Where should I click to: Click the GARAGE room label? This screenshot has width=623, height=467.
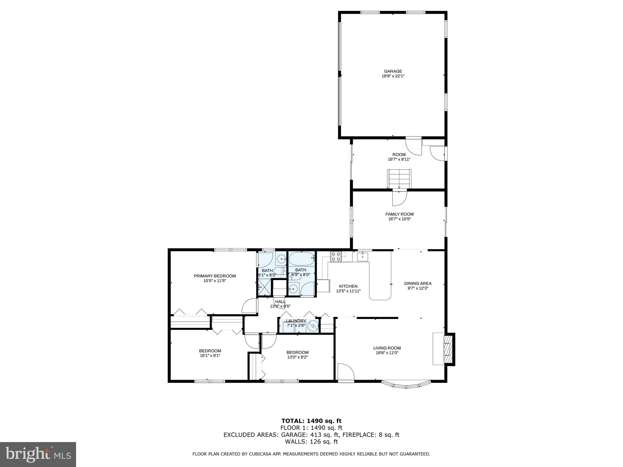pyautogui.click(x=393, y=71)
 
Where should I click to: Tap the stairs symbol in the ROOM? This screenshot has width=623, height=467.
pyautogui.click(x=399, y=179)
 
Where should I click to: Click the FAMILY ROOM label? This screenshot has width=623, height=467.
pyautogui.click(x=399, y=214)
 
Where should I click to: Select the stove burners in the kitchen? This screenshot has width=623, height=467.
pyautogui.click(x=336, y=257)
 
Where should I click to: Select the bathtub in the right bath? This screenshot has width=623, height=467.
pyautogui.click(x=301, y=259)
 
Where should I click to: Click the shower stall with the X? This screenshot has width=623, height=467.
pyautogui.click(x=264, y=287)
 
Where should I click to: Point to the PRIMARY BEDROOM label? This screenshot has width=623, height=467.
pyautogui.click(x=215, y=276)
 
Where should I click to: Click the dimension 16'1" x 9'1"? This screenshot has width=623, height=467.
pyautogui.click(x=210, y=355)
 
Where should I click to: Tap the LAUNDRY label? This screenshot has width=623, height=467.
pyautogui.click(x=296, y=321)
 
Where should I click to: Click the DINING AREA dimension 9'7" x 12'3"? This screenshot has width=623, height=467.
pyautogui.click(x=418, y=288)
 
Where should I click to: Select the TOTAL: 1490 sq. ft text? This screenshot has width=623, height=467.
pyautogui.click(x=311, y=421)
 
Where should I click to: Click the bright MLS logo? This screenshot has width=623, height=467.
pyautogui.click(x=38, y=454)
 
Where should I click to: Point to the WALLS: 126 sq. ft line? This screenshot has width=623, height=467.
pyautogui.click(x=311, y=441)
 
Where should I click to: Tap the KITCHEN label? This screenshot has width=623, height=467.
pyautogui.click(x=348, y=286)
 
